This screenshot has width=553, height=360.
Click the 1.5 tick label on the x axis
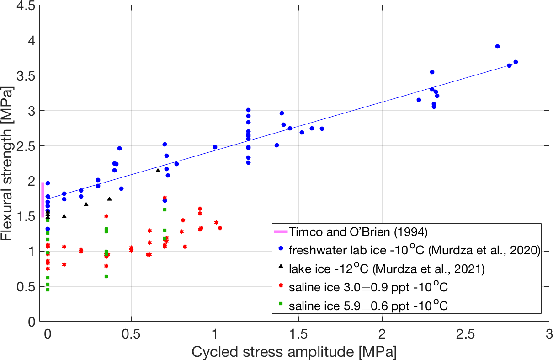[298, 334]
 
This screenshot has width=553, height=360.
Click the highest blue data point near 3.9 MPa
[497, 46]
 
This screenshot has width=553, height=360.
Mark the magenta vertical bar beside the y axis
[43, 199]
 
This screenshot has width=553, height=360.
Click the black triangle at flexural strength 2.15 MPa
[158, 170]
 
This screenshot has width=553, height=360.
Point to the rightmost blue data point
[516, 62]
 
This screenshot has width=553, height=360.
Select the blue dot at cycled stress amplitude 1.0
[215, 147]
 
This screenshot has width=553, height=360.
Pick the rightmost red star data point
[220, 228]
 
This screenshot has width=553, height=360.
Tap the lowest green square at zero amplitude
[48, 290]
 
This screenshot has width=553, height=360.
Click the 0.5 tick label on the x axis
[131, 334]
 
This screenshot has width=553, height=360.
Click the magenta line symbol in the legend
[280, 233]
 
